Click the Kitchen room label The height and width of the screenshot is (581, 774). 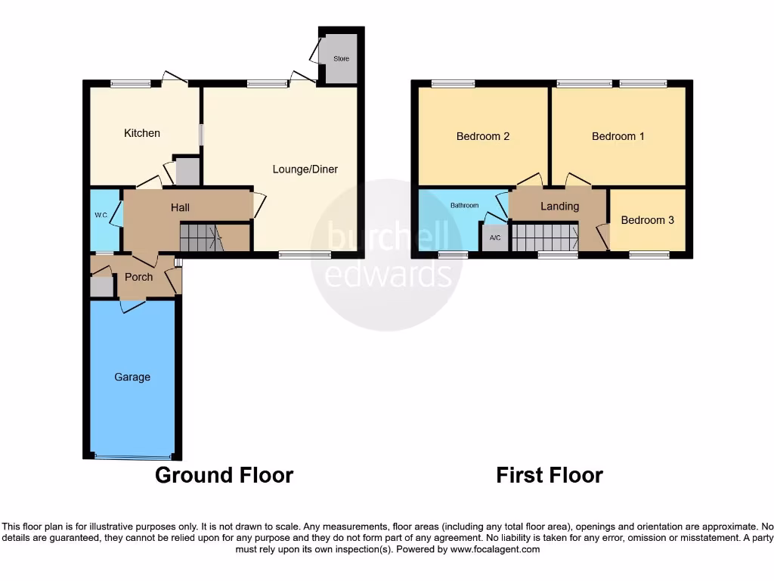tap(142, 133)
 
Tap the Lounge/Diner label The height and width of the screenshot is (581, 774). tap(305, 169)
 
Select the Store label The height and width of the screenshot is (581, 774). tap(341, 58)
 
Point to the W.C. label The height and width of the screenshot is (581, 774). tap(101, 214)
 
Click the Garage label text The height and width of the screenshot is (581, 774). tap(132, 377)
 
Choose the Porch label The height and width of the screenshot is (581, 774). tap(138, 277)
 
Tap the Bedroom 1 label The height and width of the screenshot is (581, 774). tap(618, 136)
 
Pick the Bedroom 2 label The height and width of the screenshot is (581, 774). tap(482, 136)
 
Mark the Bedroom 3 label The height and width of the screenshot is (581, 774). tap(647, 220)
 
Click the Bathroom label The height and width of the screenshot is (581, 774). tap(465, 205)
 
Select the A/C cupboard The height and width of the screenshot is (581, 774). tap(496, 238)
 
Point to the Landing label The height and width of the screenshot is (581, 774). tap(559, 206)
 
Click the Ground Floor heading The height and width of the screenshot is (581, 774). tap(224, 475)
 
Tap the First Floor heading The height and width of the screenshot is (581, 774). tap(549, 475)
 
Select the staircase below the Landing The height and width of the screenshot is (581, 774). tap(544, 237)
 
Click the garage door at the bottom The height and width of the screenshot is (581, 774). tap(132, 457)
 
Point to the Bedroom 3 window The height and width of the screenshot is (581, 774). tap(649, 255)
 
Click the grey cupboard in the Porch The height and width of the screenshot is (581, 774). tap(100, 287)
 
